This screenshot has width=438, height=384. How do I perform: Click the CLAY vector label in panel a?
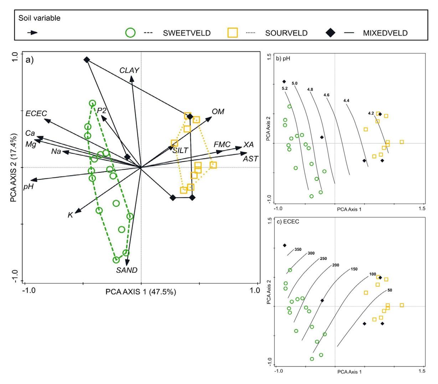pyautogui.click(x=129, y=70)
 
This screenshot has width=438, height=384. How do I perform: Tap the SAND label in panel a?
pyautogui.click(x=127, y=270)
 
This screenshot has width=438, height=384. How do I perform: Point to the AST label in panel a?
pyautogui.click(x=251, y=159)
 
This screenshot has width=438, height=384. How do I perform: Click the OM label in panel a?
pyautogui.click(x=218, y=112)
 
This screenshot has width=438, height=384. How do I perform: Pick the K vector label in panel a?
pyautogui.click(x=70, y=215)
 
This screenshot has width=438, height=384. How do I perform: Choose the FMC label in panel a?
pyautogui.click(x=222, y=144)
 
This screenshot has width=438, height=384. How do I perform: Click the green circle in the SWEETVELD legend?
pyautogui.click(x=130, y=33)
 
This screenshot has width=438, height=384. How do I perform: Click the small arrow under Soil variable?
pyautogui.click(x=32, y=32)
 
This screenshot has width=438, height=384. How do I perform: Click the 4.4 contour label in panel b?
pyautogui.click(x=346, y=101)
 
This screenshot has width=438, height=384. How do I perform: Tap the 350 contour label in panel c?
pyautogui.click(x=298, y=249)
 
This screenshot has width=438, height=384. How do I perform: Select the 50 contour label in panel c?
pyautogui.click(x=390, y=290)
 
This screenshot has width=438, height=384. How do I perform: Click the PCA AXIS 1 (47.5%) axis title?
pyautogui.click(x=141, y=292)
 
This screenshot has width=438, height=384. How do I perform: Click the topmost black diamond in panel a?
pyautogui.click(x=87, y=60)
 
